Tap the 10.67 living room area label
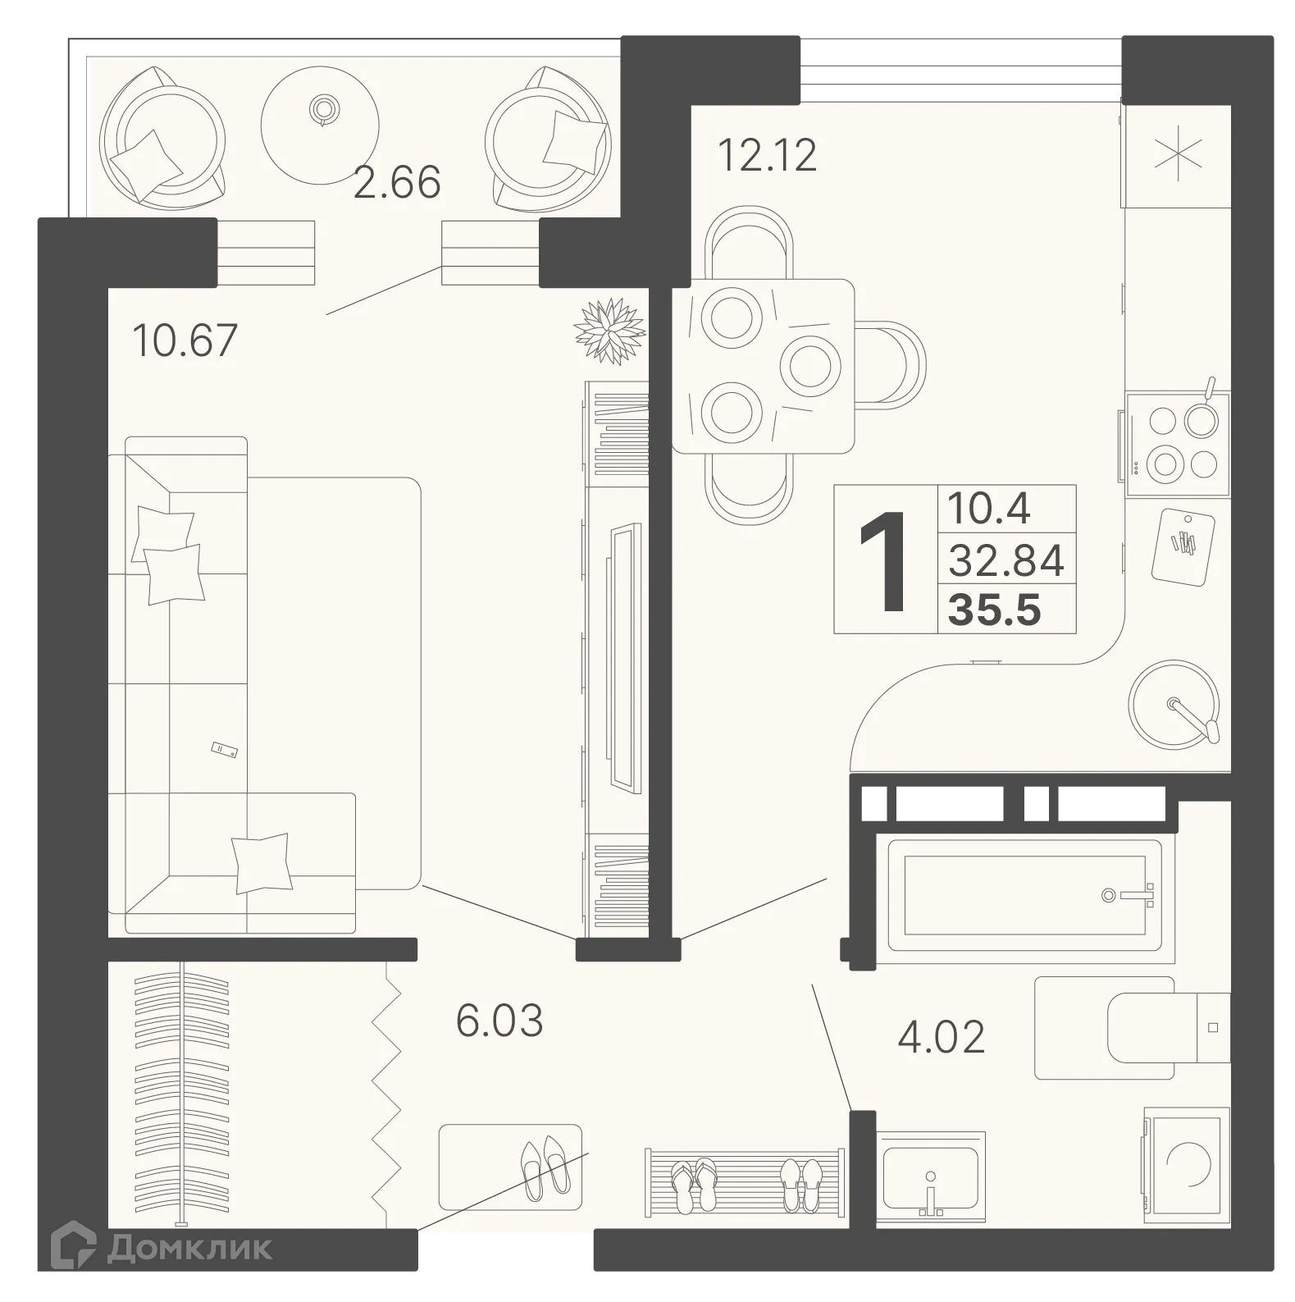click(x=185, y=340)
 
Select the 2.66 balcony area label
click(x=397, y=182)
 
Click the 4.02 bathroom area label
click(x=941, y=1037)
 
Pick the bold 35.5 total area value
click(x=995, y=610)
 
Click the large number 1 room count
click(x=884, y=560)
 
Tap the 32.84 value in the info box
click(x=1006, y=561)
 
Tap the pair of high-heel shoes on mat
click(x=544, y=1164)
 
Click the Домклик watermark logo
click(x=162, y=1248)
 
